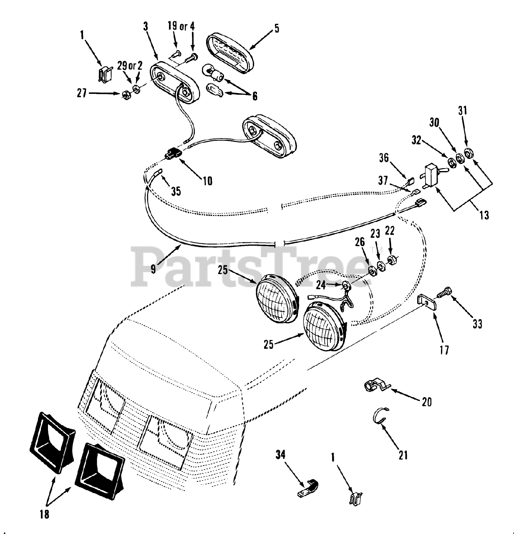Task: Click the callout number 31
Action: click(x=463, y=111)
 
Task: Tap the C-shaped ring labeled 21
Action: click(x=380, y=416)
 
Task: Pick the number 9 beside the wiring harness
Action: click(x=153, y=269)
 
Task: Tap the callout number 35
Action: click(x=176, y=191)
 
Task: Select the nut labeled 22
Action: click(x=392, y=261)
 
